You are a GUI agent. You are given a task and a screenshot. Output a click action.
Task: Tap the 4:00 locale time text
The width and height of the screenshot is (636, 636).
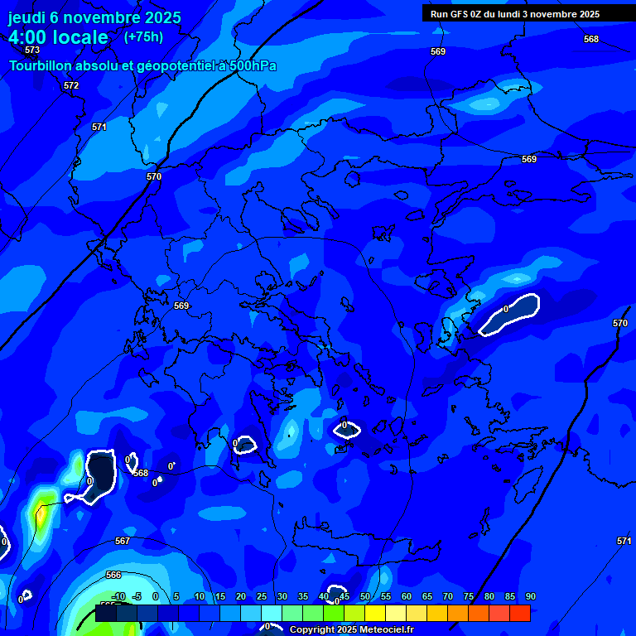(x=58, y=37)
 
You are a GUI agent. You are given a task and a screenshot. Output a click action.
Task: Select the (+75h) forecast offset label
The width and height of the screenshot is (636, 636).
(x=143, y=36)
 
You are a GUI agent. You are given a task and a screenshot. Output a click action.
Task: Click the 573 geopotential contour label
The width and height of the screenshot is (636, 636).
(x=32, y=51)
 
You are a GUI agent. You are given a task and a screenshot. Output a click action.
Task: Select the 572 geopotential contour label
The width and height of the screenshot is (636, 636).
(x=71, y=85)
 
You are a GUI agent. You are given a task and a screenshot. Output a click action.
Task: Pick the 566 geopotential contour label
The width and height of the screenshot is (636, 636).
(x=113, y=575)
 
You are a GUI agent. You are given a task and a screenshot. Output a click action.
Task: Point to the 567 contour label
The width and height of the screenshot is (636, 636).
(x=123, y=541)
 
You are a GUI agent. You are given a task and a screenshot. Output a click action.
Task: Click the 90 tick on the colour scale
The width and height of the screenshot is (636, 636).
(x=530, y=596)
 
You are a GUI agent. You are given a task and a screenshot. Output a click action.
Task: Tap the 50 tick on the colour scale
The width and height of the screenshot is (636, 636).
(x=365, y=596)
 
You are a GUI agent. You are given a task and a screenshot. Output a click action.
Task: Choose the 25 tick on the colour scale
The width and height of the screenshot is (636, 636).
(x=262, y=596)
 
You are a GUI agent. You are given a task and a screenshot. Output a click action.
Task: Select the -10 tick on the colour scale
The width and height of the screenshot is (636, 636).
(x=118, y=596)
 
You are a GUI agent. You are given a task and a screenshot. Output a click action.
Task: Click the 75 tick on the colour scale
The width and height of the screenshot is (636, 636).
(x=469, y=596)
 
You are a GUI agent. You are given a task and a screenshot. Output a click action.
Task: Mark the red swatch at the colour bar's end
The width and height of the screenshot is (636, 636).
(x=520, y=614)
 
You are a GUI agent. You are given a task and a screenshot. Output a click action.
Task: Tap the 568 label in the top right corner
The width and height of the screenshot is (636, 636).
(x=590, y=39)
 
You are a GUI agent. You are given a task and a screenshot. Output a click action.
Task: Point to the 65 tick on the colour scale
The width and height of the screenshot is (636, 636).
(x=427, y=596)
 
